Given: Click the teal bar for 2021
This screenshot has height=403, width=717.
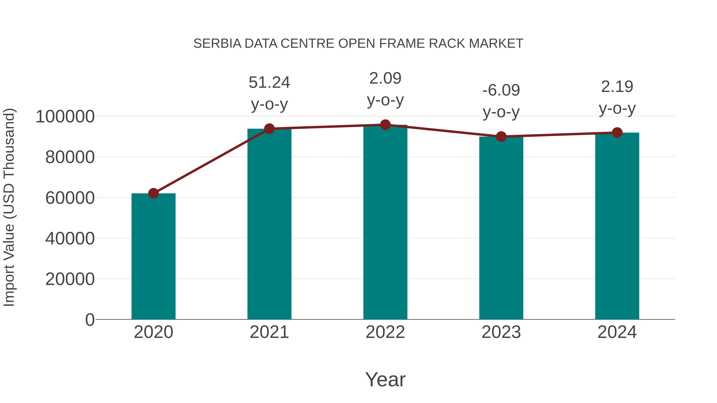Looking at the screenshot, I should pos(269,224).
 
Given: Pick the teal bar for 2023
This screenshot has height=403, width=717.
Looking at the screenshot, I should pos(501,228).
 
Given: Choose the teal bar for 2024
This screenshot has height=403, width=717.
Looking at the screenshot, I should pos(617,226).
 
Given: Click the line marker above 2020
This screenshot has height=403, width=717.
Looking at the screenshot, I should pos(153,193).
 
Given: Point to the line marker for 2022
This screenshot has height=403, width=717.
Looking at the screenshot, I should pos(385,125).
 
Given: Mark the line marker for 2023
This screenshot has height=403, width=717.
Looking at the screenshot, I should pos(501,137).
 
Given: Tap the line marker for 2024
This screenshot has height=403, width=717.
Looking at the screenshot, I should pos(617,133).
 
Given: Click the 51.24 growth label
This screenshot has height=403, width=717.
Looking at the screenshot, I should pos(269,83).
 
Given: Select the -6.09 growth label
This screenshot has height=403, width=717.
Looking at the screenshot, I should pos(501,90).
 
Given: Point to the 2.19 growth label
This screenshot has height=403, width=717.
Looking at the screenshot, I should pos(617,87).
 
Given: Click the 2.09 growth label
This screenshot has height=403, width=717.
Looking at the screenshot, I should pos(385,78).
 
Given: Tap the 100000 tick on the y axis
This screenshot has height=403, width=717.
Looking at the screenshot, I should pos(65,117).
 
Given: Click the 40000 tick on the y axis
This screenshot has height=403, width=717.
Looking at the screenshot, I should pos(70,238).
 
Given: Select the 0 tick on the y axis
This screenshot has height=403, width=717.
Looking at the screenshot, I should pos(90,320).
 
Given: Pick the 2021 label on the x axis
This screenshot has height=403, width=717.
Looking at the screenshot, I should pos(269,332).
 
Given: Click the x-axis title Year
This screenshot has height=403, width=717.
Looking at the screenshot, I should pos(385,379).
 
